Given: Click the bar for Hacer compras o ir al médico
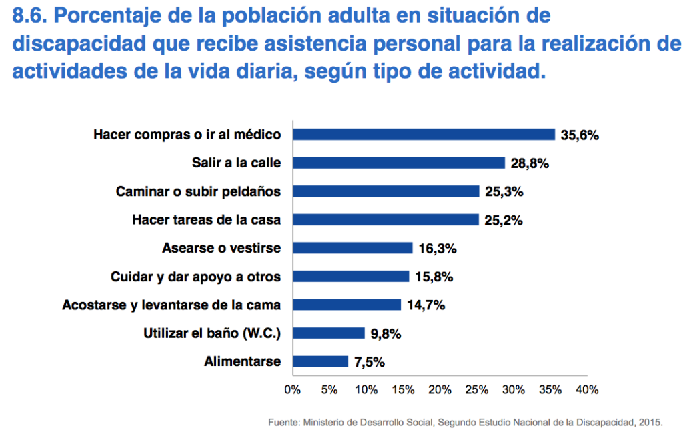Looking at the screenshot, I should click(x=424, y=135).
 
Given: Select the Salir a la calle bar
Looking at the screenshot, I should click(x=398, y=163).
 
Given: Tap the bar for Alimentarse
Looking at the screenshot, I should click(x=320, y=362).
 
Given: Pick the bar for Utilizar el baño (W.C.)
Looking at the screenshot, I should click(x=328, y=333).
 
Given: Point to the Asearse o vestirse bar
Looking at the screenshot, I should click(x=352, y=248).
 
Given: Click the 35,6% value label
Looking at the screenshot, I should click(x=580, y=135).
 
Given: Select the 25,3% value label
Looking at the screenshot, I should click(x=504, y=191).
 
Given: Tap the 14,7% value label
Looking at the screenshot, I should click(x=425, y=305).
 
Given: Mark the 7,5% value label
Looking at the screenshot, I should click(x=370, y=362).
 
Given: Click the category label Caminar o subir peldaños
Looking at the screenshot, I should click(x=198, y=191).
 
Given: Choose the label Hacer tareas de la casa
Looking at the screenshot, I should click(x=207, y=220).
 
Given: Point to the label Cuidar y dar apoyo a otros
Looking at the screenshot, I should click(x=195, y=277).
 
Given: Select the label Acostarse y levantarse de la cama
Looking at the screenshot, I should click(x=171, y=305).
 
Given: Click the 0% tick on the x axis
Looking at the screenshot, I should click(x=292, y=389).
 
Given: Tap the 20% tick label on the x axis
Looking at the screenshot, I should click(x=440, y=389).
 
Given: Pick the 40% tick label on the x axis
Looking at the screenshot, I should click(x=587, y=389).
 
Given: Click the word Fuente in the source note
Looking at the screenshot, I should click(x=283, y=422).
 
